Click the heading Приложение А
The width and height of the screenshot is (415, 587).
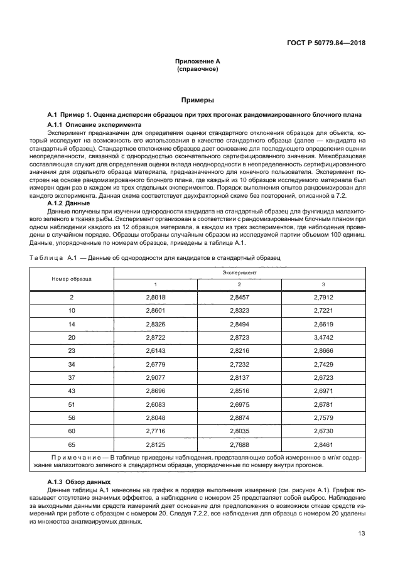coord(197,63)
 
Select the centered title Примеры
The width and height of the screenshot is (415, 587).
coord(197,100)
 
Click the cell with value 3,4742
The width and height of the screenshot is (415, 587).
coord(323,337)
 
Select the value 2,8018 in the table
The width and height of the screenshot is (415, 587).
coord(155,297)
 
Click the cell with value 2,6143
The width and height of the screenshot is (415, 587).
coord(155,350)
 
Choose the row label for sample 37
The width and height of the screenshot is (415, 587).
coord(72,377)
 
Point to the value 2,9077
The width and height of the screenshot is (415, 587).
coord(155,377)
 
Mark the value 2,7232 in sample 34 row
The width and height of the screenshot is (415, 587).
coord(239,364)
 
